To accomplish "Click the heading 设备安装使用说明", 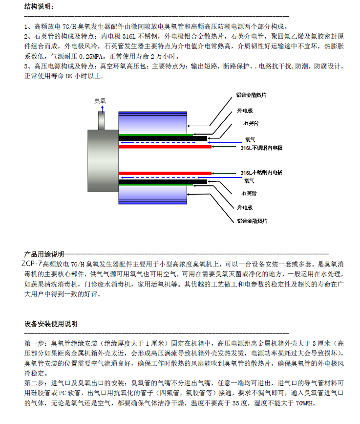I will (51, 324).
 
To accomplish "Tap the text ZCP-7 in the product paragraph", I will (32, 263).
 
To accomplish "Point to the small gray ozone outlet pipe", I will (102, 120).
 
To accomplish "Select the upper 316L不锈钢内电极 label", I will (261, 148).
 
